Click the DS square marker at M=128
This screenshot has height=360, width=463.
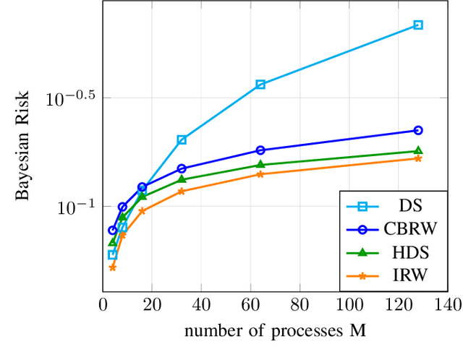click(x=417, y=25)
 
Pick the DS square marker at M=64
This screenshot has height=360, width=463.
click(x=260, y=85)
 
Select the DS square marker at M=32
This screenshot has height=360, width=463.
click(x=182, y=140)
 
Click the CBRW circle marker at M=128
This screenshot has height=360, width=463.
click(x=417, y=130)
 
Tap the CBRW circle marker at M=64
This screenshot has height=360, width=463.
click(x=260, y=150)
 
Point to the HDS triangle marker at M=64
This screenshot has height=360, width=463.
click(x=260, y=165)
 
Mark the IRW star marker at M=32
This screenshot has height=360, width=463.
click(x=182, y=191)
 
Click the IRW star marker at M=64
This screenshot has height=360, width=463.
click(x=260, y=174)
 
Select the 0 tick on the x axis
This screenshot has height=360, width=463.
click(x=103, y=306)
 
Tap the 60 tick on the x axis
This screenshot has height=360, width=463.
click(x=250, y=306)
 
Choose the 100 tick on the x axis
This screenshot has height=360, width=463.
click(x=349, y=306)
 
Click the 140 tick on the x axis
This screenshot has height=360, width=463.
click(x=447, y=306)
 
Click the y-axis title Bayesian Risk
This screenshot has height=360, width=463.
click(x=23, y=146)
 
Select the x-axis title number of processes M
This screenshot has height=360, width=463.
click(x=275, y=332)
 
